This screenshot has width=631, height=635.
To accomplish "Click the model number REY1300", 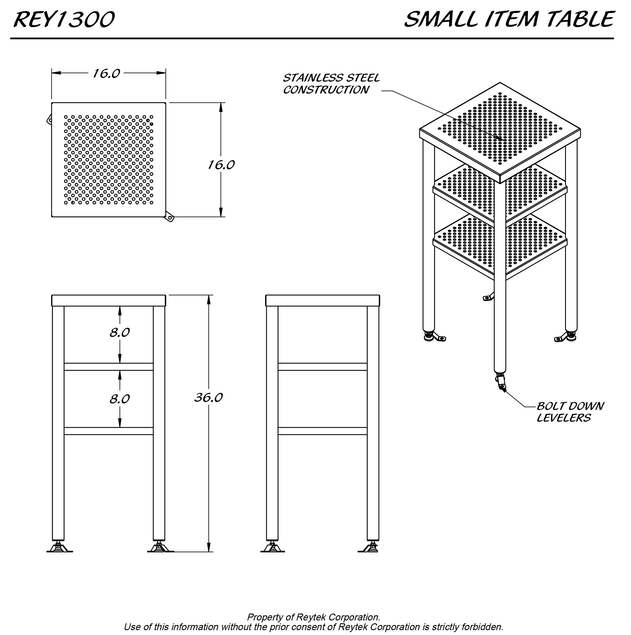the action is point(64,19).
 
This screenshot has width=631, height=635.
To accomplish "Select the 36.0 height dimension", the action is point(208,398).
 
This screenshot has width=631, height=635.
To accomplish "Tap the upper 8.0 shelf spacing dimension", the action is point(120,333).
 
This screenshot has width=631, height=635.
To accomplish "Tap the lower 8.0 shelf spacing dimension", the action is point(120,399).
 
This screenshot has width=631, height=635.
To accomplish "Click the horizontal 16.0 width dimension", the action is point(106,74).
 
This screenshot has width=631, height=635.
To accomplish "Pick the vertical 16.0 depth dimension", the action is point(221,165).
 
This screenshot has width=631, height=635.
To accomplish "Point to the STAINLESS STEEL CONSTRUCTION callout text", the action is point(331,84).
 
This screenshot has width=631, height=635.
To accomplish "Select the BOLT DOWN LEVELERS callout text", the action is point(570,412).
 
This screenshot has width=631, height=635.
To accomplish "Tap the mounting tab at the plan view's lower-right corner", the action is point(170,217).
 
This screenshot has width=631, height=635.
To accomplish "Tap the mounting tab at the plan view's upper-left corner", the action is point(49,119).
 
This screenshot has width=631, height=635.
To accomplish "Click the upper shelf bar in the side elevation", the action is point(322,367).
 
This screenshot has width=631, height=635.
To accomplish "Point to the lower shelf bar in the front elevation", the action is point(109,431).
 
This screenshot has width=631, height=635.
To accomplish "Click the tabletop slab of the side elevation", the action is point(322,300).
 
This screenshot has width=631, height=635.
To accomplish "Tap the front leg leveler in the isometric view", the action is point(501,381).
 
